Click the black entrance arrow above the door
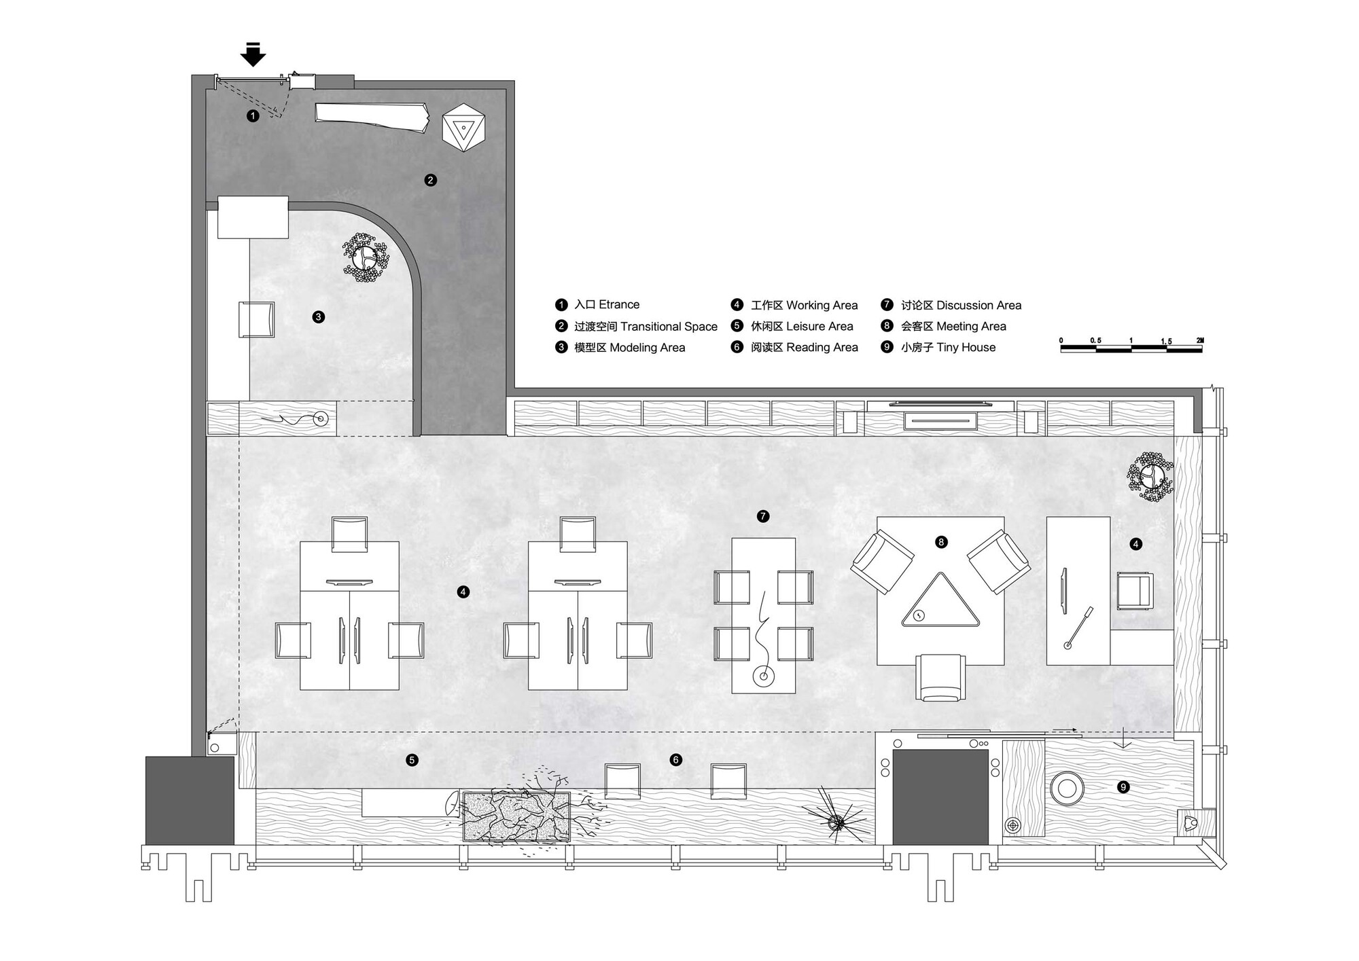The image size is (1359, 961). [253, 54]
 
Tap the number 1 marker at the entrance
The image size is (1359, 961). [253, 116]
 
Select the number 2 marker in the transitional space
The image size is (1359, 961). [430, 180]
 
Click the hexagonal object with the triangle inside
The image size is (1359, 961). [463, 127]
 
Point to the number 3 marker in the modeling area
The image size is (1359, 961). [318, 316]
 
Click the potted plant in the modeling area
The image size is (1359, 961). [366, 257]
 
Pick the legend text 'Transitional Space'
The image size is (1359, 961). [669, 327]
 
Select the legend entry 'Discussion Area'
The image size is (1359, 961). [978, 306]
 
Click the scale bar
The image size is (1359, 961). [1131, 348]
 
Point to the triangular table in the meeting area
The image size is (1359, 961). [940, 600]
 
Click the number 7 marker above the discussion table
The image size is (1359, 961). [763, 517]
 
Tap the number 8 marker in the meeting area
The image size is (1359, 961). [941, 542]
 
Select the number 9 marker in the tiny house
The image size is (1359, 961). [1123, 787]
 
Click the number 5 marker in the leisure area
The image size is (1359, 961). [412, 760]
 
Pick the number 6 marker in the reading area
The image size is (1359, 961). [675, 760]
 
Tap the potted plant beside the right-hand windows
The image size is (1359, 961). [1150, 477]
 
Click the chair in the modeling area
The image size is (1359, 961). [257, 319]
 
